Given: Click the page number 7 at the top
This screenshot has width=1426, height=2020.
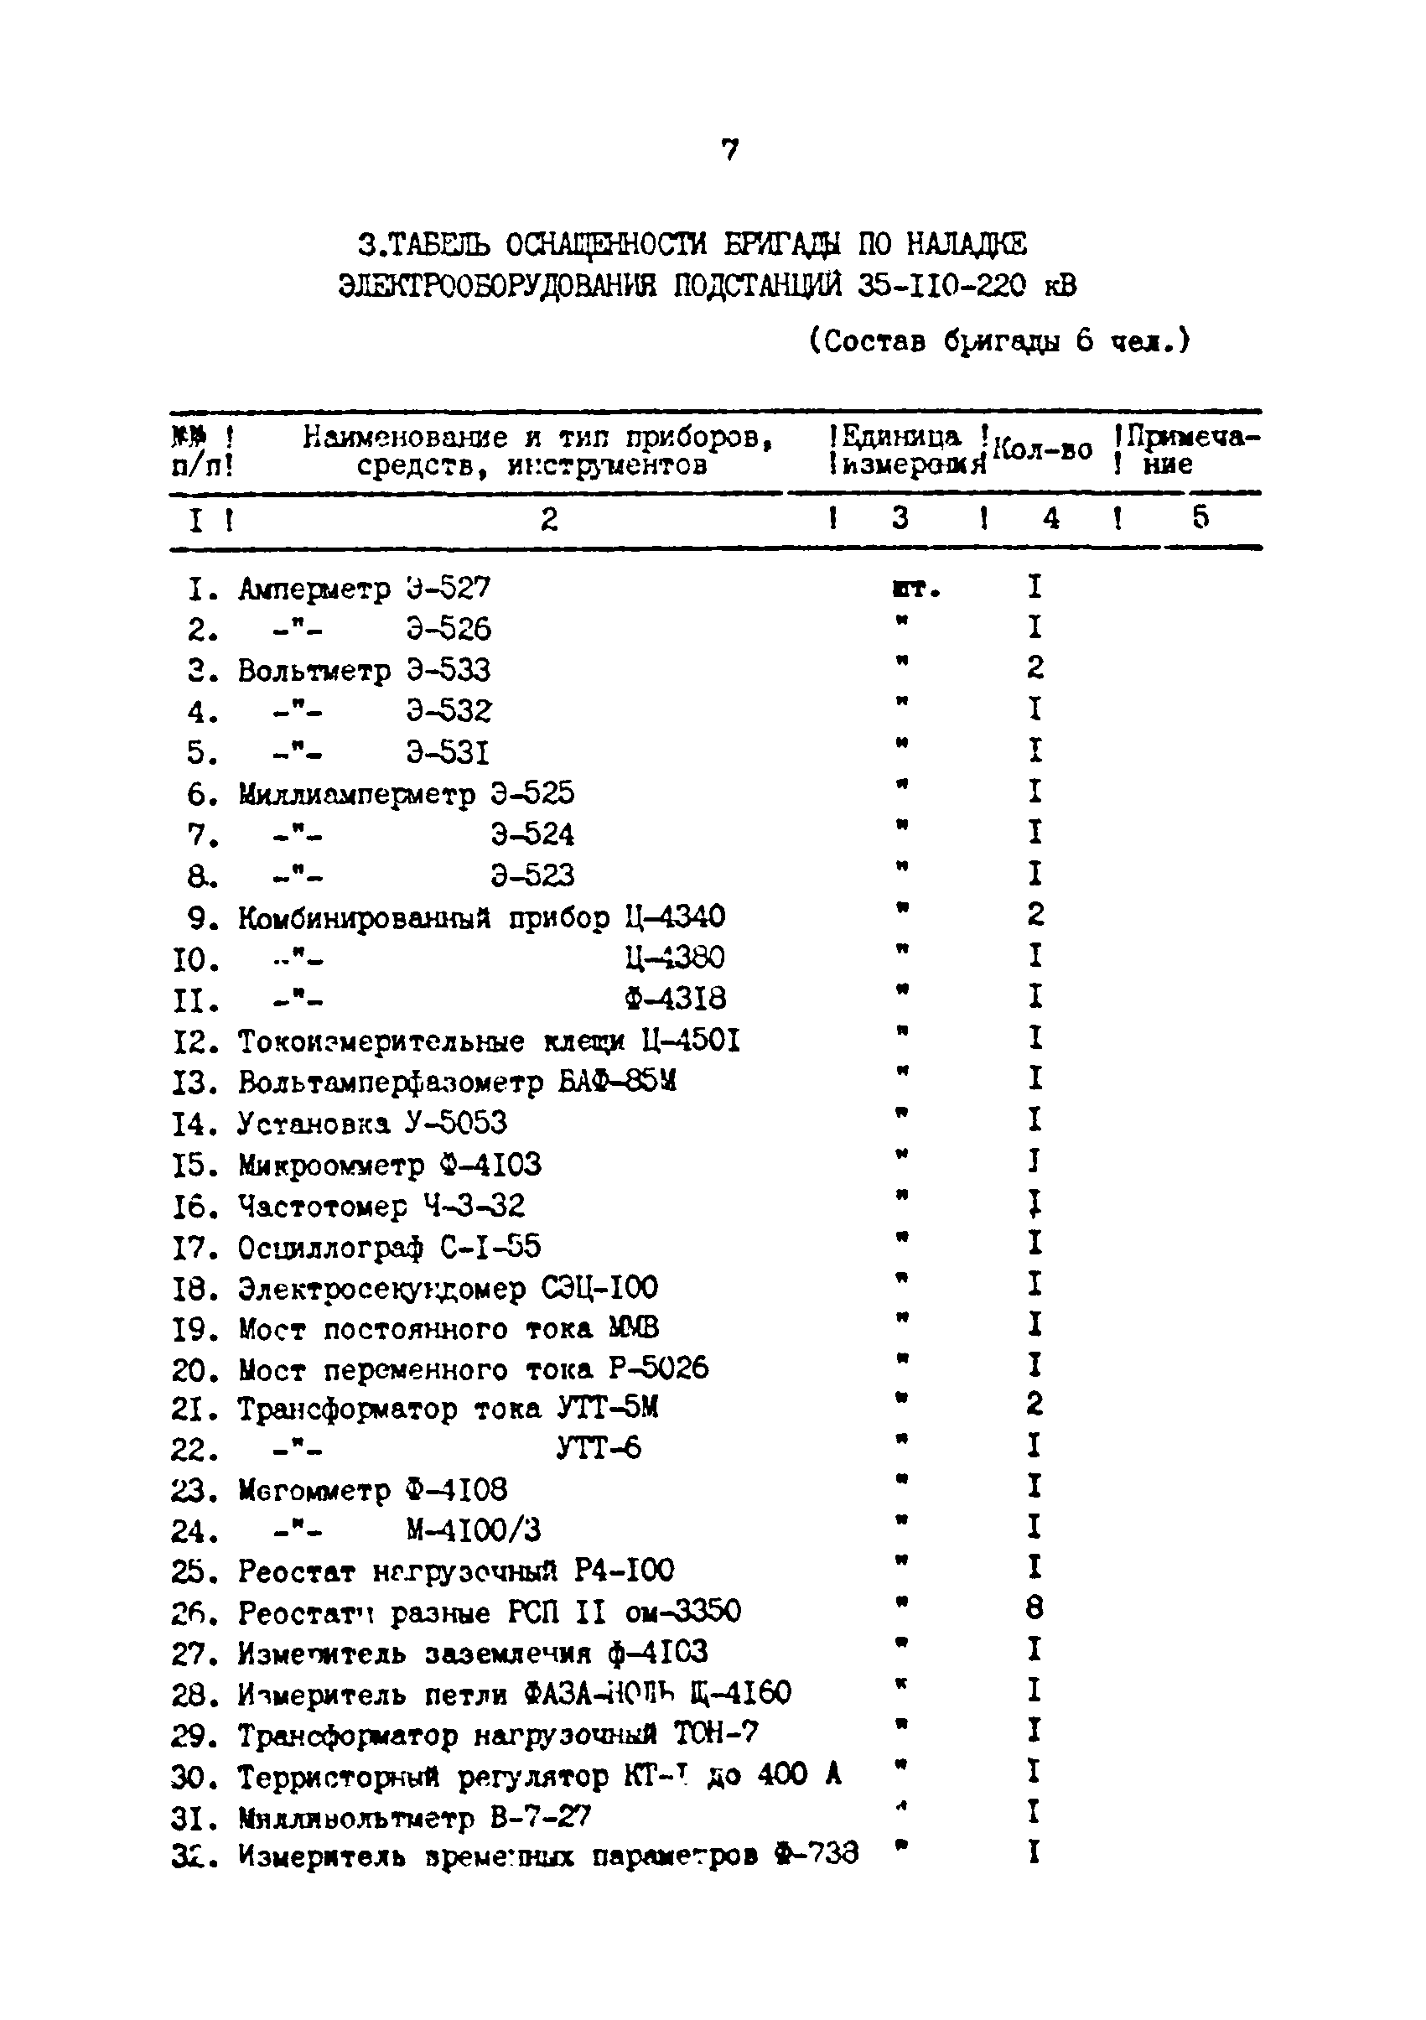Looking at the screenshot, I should point(729,150).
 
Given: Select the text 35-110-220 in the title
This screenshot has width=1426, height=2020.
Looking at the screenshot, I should point(941,287).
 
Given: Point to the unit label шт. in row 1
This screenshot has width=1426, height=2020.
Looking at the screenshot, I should point(915,589).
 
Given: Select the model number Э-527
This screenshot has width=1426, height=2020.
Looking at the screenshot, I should point(448,588).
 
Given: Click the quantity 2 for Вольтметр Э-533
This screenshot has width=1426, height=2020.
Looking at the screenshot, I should point(1034,668).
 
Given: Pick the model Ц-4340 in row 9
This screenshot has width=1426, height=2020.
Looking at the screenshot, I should point(675,917).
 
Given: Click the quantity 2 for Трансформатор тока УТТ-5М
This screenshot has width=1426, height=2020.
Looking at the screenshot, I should point(1034,1403).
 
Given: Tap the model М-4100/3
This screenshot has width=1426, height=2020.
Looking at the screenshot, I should point(473,1530).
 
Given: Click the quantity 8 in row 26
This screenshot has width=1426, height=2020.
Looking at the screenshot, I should point(1034,1609).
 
